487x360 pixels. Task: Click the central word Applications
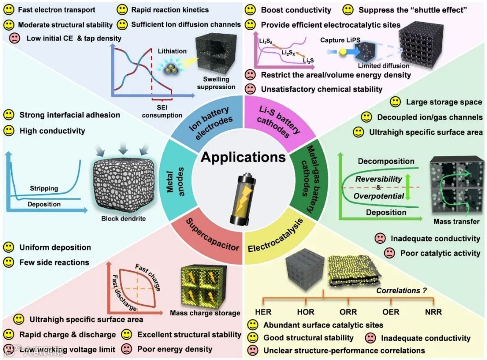pyautogui.click(x=243, y=157)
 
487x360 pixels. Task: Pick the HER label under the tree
pyautogui.click(x=263, y=311)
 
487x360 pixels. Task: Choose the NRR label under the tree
pyautogui.click(x=433, y=311)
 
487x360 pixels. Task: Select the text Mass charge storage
pyautogui.click(x=205, y=313)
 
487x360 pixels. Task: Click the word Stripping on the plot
pyautogui.click(x=44, y=188)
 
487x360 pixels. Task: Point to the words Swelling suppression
pyautogui.click(x=216, y=83)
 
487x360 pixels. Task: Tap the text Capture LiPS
pyautogui.click(x=338, y=40)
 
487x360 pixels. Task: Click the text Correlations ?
pyautogui.click(x=401, y=291)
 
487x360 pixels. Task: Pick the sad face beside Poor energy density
pyautogui.click(x=127, y=349)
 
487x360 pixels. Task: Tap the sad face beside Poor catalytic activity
pyautogui.click(x=389, y=253)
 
